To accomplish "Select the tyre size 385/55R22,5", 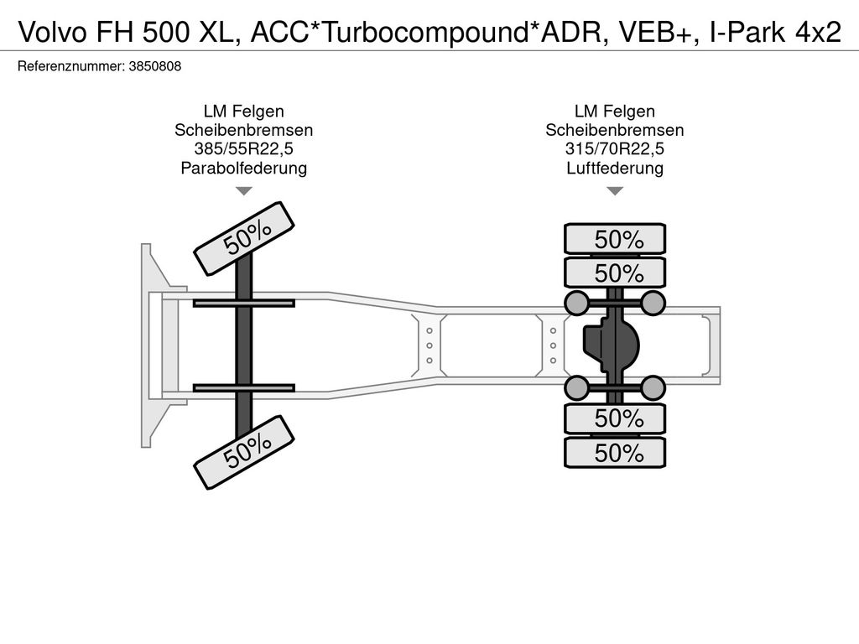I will point(243,149).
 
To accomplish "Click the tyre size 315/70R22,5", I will point(615,149).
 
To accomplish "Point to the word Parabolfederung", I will point(243,169).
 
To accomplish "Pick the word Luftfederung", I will point(615,169).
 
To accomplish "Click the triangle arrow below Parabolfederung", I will point(243,191).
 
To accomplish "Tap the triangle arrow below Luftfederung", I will point(615,191).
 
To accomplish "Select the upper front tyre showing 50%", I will point(245,238).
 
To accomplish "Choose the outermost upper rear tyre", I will point(615,239).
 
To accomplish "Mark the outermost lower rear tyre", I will point(615,454).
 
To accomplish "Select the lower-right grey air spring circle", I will point(653,387).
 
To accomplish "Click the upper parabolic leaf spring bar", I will point(243,303).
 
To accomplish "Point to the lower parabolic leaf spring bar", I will point(243,387).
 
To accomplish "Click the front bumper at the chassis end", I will point(151,345).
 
